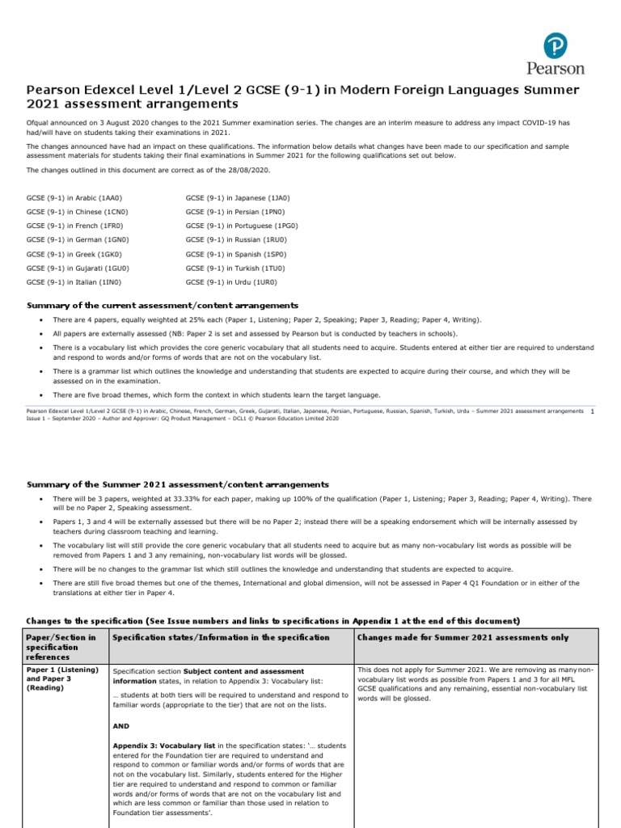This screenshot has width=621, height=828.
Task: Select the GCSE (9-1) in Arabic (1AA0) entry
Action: [x=74, y=197]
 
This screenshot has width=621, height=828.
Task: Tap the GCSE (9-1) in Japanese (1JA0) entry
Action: [x=237, y=197]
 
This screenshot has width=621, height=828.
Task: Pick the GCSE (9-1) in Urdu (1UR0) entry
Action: [x=231, y=281]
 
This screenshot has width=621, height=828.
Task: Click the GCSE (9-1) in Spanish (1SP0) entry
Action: [x=236, y=254]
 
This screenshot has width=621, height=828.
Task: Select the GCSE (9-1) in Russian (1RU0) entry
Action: [x=236, y=240]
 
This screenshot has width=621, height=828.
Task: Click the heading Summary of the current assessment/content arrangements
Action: [x=163, y=306]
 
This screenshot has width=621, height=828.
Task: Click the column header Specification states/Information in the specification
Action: [x=221, y=637]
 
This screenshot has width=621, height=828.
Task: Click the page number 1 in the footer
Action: [x=593, y=412]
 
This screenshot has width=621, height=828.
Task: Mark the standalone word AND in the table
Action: [x=121, y=725]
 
